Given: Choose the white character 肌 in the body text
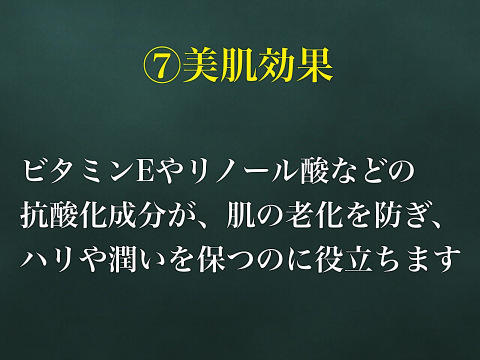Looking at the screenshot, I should pos(239,217).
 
